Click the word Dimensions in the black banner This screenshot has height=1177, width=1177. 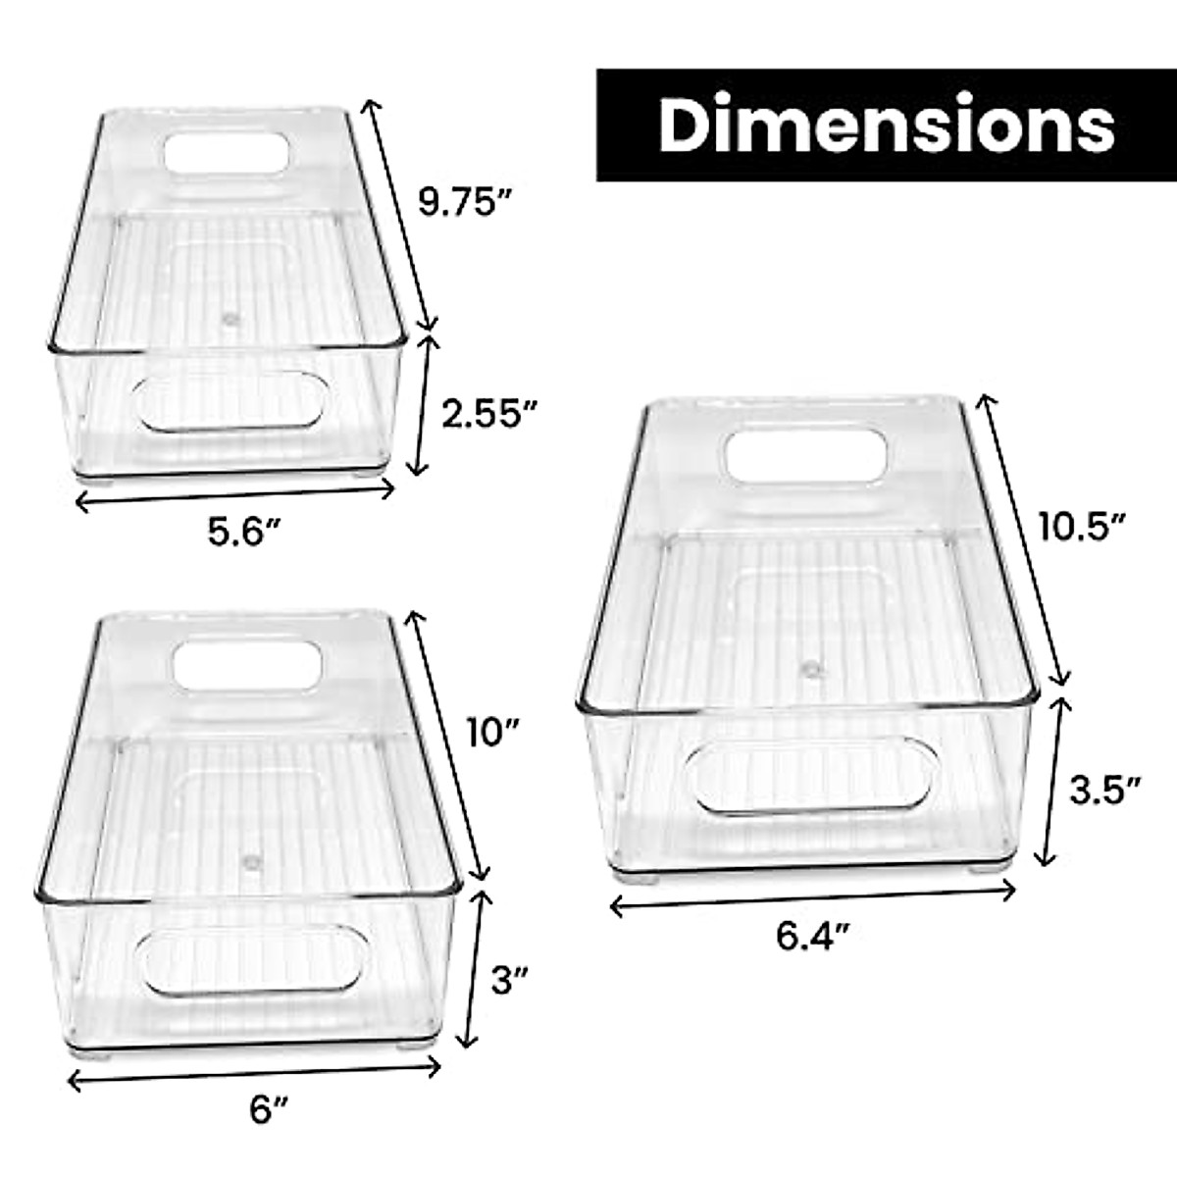[x=887, y=125]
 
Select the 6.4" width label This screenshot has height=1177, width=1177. [x=812, y=938]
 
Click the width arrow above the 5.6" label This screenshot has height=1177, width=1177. [x=234, y=495]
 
